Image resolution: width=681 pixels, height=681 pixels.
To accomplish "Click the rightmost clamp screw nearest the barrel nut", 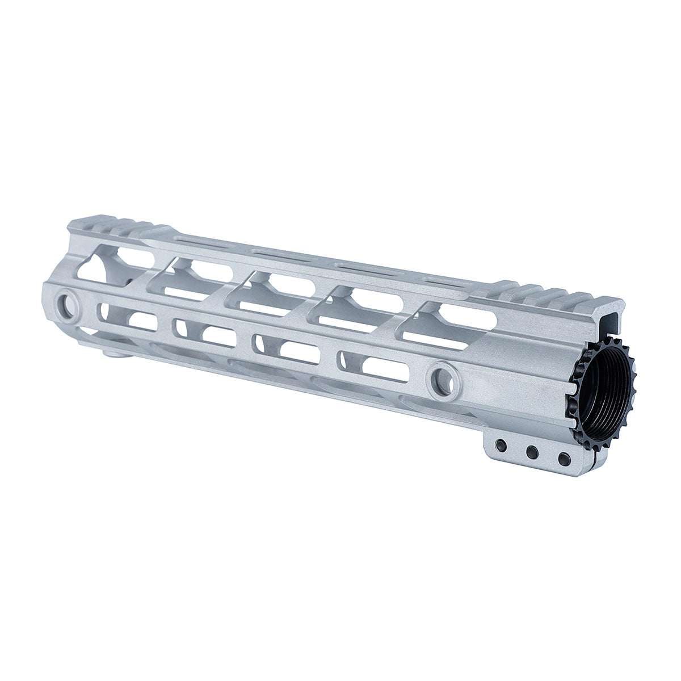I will tap(562, 457).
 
